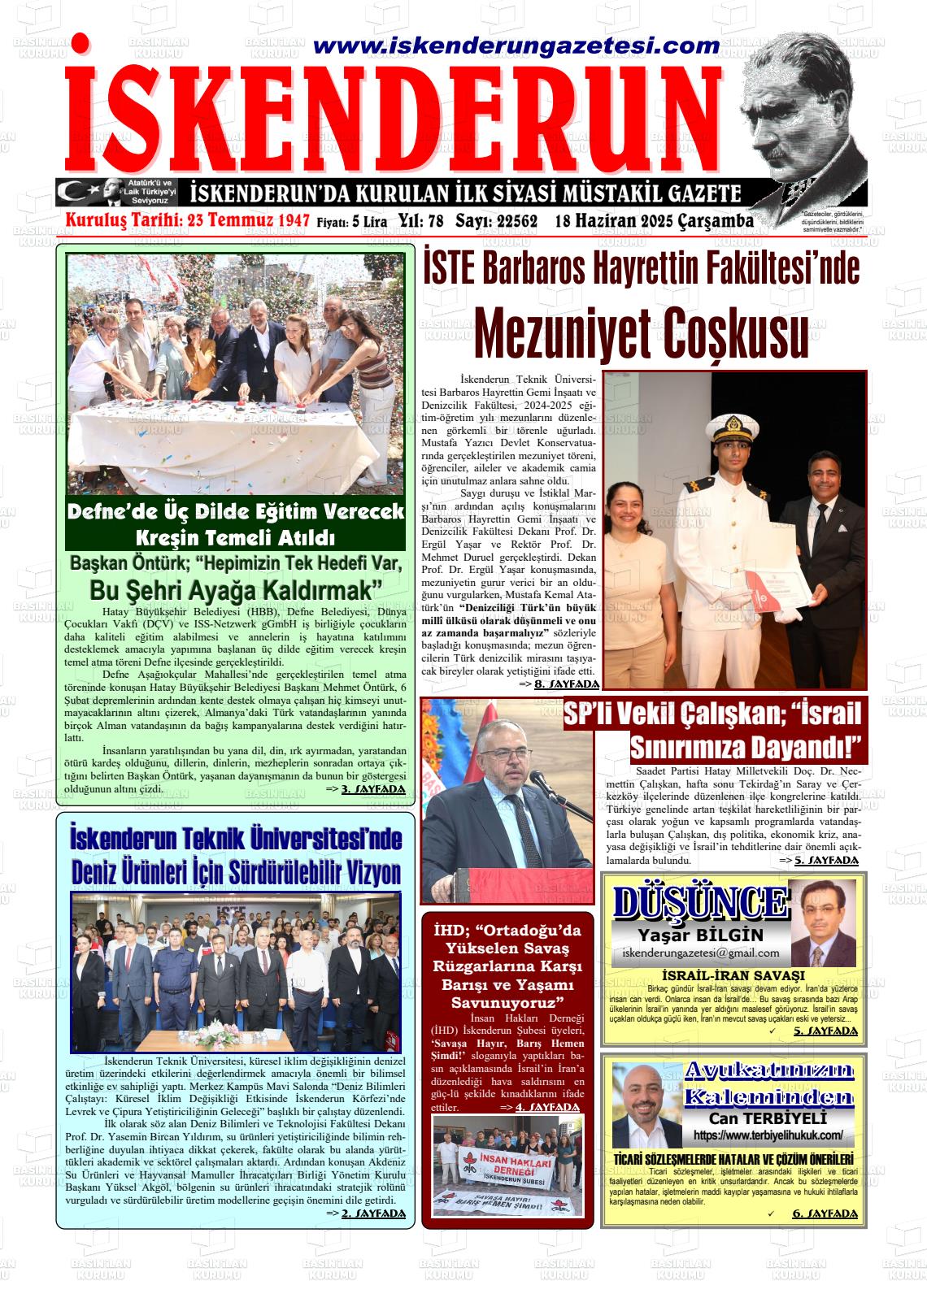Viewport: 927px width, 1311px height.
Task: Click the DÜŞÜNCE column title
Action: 700,902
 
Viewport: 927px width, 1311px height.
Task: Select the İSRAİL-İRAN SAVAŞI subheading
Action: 733,975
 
